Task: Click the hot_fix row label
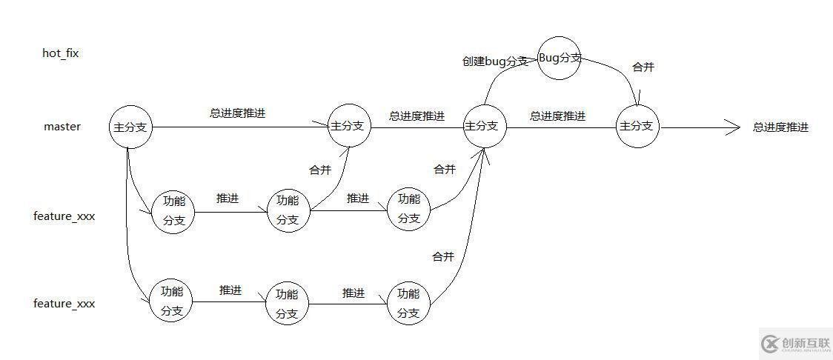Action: [x=61, y=53]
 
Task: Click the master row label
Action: [x=62, y=127]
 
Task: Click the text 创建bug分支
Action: [x=494, y=61]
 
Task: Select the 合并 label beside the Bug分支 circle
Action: [x=643, y=67]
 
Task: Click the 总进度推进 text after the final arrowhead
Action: [x=780, y=127]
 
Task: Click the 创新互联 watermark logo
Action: [x=794, y=343]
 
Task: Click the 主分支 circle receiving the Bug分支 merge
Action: [x=637, y=126]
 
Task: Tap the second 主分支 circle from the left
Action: [x=349, y=126]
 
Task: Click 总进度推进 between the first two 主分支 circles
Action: [x=237, y=114]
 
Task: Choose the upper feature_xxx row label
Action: [x=64, y=217]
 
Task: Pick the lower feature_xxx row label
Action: [x=64, y=304]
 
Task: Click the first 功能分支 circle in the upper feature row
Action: [x=173, y=211]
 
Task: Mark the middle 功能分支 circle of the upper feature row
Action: [x=288, y=211]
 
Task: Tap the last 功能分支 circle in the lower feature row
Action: [x=408, y=303]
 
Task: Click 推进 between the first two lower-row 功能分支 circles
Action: [x=230, y=290]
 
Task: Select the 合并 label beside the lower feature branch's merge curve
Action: [x=442, y=257]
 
